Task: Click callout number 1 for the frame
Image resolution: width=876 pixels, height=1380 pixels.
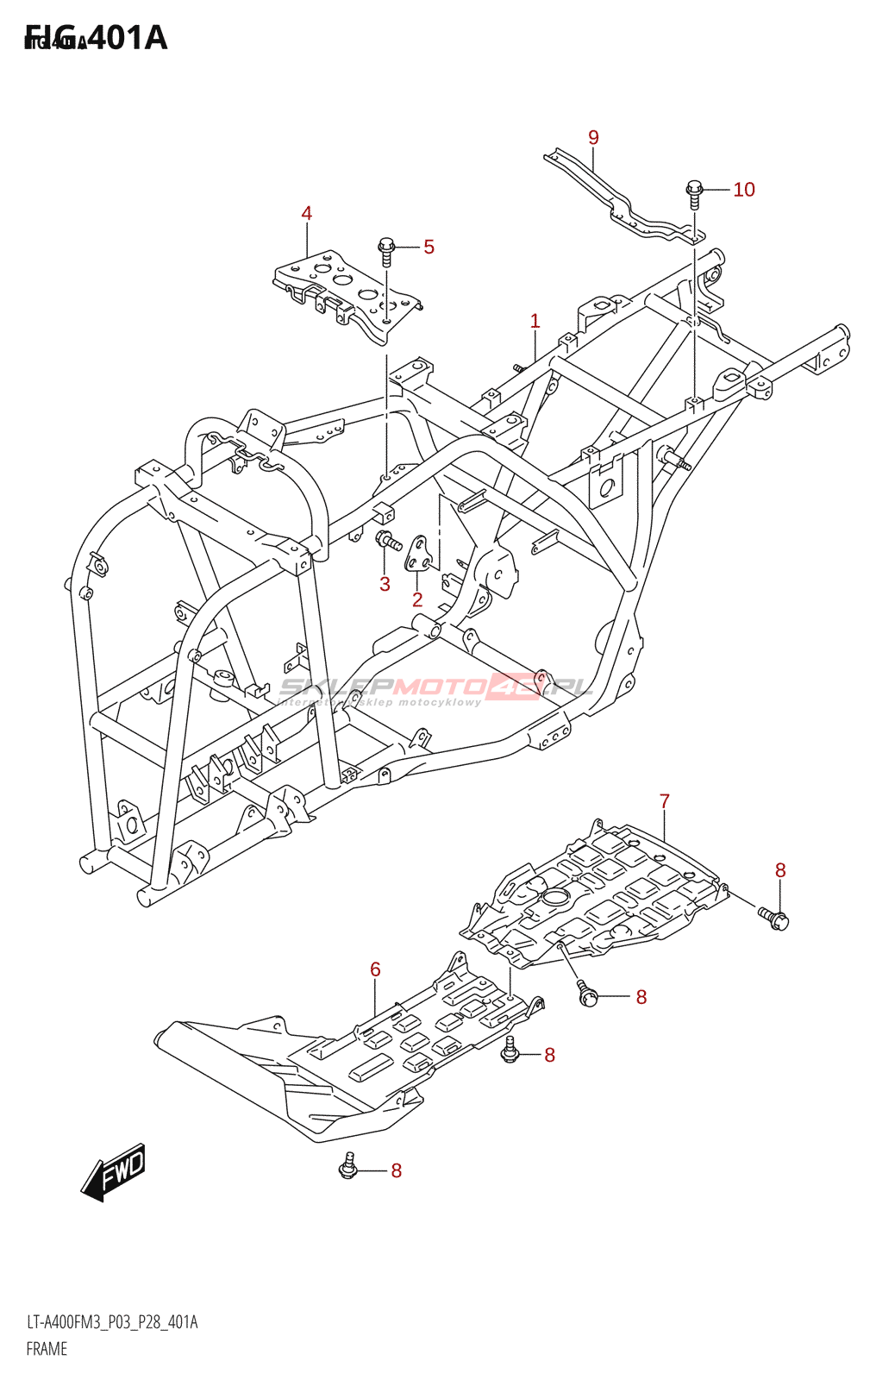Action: pyautogui.click(x=535, y=322)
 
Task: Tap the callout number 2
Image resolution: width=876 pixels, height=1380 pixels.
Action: pyautogui.click(x=417, y=600)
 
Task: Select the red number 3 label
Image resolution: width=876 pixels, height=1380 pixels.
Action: pyautogui.click(x=385, y=584)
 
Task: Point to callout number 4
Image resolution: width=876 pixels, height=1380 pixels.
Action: pyautogui.click(x=306, y=214)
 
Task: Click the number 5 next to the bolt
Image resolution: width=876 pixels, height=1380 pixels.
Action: pyautogui.click(x=429, y=248)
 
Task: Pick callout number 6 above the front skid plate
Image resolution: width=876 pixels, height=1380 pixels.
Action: pyautogui.click(x=375, y=969)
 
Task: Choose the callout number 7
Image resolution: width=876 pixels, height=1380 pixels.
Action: pyautogui.click(x=664, y=801)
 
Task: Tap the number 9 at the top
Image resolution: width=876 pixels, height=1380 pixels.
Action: pyautogui.click(x=593, y=138)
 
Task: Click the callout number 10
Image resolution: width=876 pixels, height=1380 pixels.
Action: pyautogui.click(x=743, y=190)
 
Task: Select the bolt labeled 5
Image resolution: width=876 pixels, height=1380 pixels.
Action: pyautogui.click(x=386, y=251)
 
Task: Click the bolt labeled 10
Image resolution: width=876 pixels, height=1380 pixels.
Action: pyautogui.click(x=694, y=192)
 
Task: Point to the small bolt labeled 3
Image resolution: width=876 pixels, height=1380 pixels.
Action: pyautogui.click(x=386, y=542)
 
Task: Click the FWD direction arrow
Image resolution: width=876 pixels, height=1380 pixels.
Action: pyautogui.click(x=114, y=1173)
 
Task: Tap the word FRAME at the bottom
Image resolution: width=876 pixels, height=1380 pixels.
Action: pyautogui.click(x=47, y=1349)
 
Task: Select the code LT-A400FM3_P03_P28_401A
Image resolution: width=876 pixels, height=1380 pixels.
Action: pyautogui.click(x=112, y=1322)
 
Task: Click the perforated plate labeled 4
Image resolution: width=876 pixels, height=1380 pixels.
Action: pyautogui.click(x=345, y=289)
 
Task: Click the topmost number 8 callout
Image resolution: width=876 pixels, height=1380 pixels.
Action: pyautogui.click(x=779, y=870)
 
